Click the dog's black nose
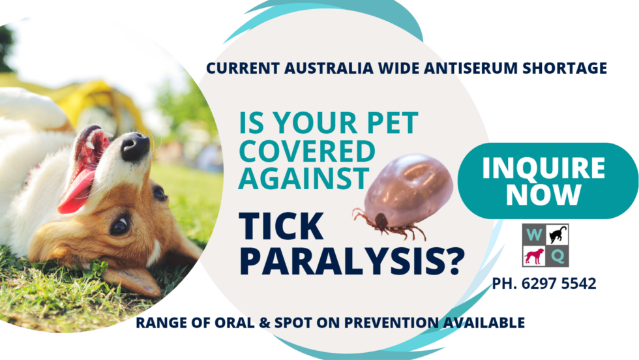pos(136,147)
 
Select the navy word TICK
pos(281,226)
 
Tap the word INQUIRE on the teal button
pos(543,168)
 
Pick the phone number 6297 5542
pos(565,284)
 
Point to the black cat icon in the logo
pos(558,235)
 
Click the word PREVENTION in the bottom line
pos(403,322)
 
